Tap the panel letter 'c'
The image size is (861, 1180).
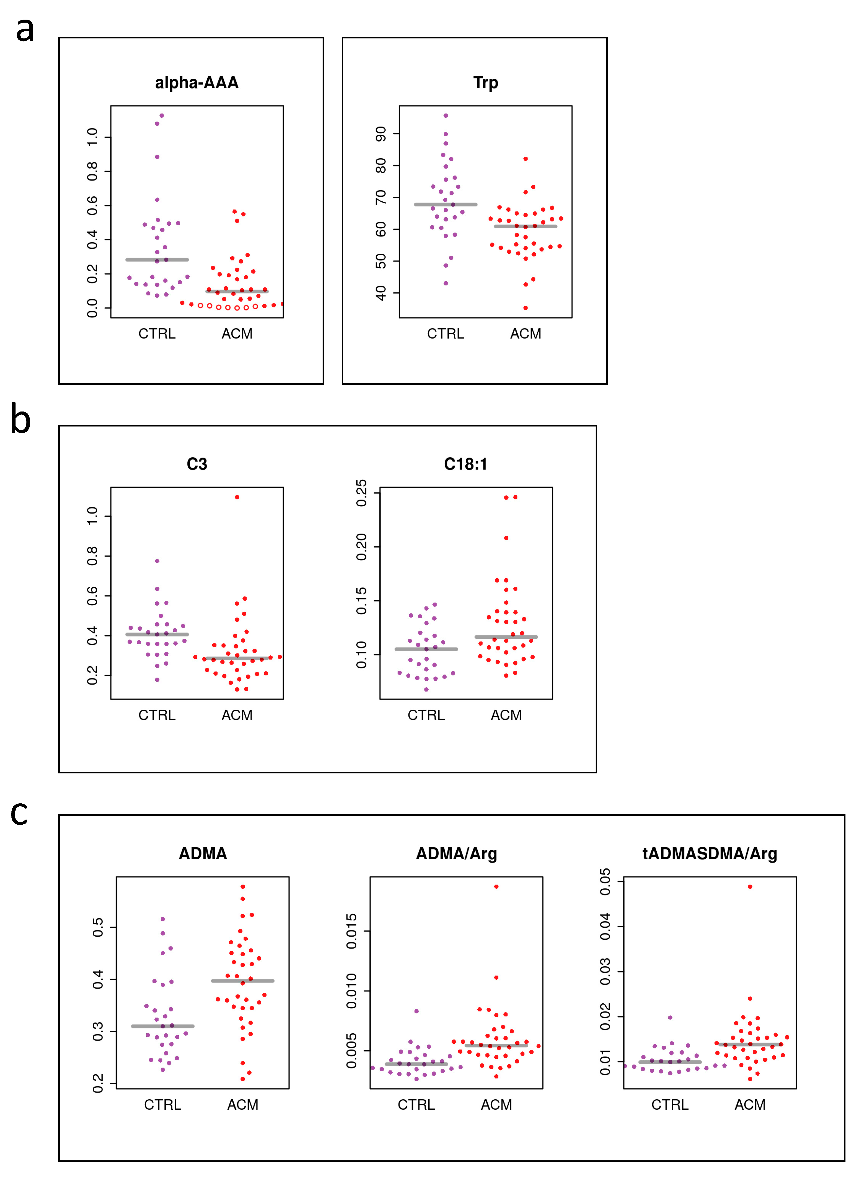19,813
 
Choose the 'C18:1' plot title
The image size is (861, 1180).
465,464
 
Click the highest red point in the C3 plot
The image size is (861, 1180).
237,497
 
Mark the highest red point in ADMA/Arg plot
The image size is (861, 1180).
496,886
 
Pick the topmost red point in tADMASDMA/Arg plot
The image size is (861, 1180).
750,886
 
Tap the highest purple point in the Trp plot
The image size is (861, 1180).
445,116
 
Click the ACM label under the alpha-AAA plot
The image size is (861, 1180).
237,334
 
